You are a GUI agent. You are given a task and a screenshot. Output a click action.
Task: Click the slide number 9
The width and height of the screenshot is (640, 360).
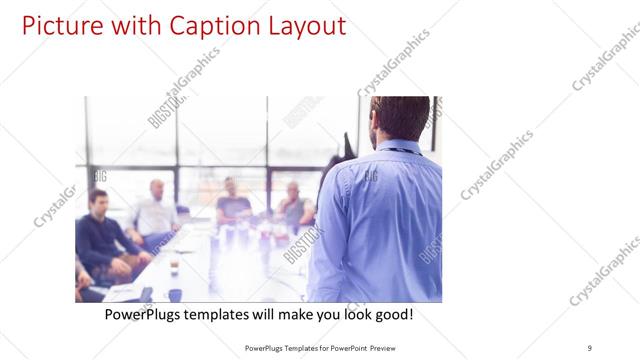click(x=590, y=347)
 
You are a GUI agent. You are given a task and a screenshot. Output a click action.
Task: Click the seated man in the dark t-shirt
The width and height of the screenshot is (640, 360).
click(x=233, y=200)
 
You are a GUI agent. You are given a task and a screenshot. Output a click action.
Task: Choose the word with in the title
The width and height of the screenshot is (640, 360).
click(x=125, y=25)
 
